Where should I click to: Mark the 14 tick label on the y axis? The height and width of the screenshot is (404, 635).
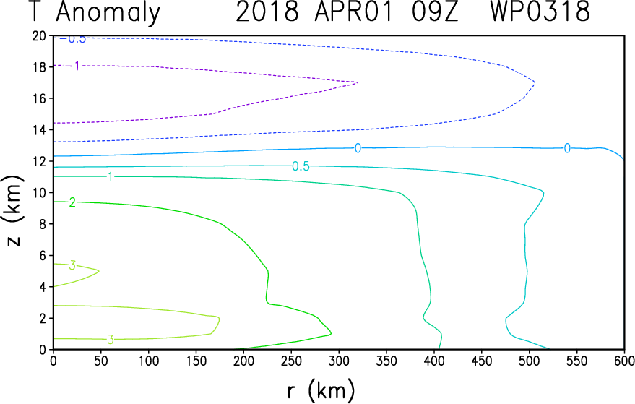[40, 130]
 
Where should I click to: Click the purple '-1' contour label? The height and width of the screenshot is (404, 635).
[75, 66]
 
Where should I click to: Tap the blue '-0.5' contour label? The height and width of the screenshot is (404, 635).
[74, 38]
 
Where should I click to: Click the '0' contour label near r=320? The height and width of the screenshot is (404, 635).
[358, 148]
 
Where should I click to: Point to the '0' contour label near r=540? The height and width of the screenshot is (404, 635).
[567, 148]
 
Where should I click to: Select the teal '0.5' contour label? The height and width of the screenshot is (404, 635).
[301, 166]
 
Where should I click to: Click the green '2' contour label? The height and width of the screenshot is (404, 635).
[72, 202]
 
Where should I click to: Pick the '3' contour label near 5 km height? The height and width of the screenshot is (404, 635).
[72, 265]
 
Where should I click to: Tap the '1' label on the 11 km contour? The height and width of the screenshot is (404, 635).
[110, 176]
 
